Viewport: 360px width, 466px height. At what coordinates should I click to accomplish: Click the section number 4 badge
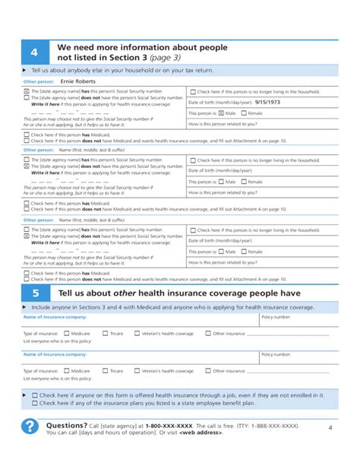(34, 52)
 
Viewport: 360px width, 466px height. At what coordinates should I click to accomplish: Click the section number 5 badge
(34, 293)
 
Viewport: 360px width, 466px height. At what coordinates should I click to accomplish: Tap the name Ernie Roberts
(78, 80)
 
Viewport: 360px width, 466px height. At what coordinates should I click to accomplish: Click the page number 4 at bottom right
(330, 428)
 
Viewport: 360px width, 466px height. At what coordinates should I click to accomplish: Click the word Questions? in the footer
(67, 425)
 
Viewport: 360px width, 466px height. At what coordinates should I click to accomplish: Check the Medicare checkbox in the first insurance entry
(67, 333)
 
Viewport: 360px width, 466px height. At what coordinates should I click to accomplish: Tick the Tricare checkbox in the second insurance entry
(105, 371)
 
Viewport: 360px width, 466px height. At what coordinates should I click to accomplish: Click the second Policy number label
(276, 354)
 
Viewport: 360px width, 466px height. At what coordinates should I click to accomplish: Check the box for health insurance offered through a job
(34, 395)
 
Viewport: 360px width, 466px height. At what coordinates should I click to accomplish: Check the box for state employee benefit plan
(34, 404)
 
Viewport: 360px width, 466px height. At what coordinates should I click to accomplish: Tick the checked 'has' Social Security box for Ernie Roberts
(27, 91)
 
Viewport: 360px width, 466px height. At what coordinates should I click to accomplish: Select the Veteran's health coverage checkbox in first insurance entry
(137, 333)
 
